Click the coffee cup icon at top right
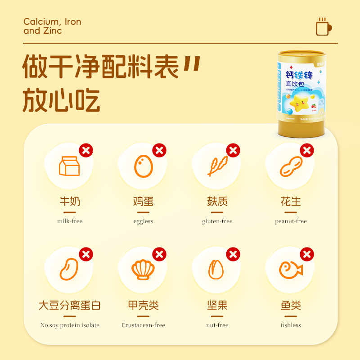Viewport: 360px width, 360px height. coord(324,27)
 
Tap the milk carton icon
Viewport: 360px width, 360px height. coord(69,166)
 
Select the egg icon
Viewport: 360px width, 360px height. coord(143,166)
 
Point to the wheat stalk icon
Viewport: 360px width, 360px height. coord(217,166)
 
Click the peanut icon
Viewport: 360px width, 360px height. coord(291,166)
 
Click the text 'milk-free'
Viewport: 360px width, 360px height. coord(70,221)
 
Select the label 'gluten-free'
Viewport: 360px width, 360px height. coord(217,221)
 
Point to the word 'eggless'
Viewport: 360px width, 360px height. coord(143,221)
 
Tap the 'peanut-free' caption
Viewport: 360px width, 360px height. coord(291,221)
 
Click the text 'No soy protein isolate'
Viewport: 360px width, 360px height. coord(70,325)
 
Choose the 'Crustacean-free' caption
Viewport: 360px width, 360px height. coord(143,325)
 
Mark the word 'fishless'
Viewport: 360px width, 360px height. coord(291,325)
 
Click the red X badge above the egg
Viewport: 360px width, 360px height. coord(159,150)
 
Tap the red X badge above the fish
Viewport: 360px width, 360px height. coord(307,254)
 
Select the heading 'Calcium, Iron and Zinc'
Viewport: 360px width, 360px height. coord(52,26)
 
